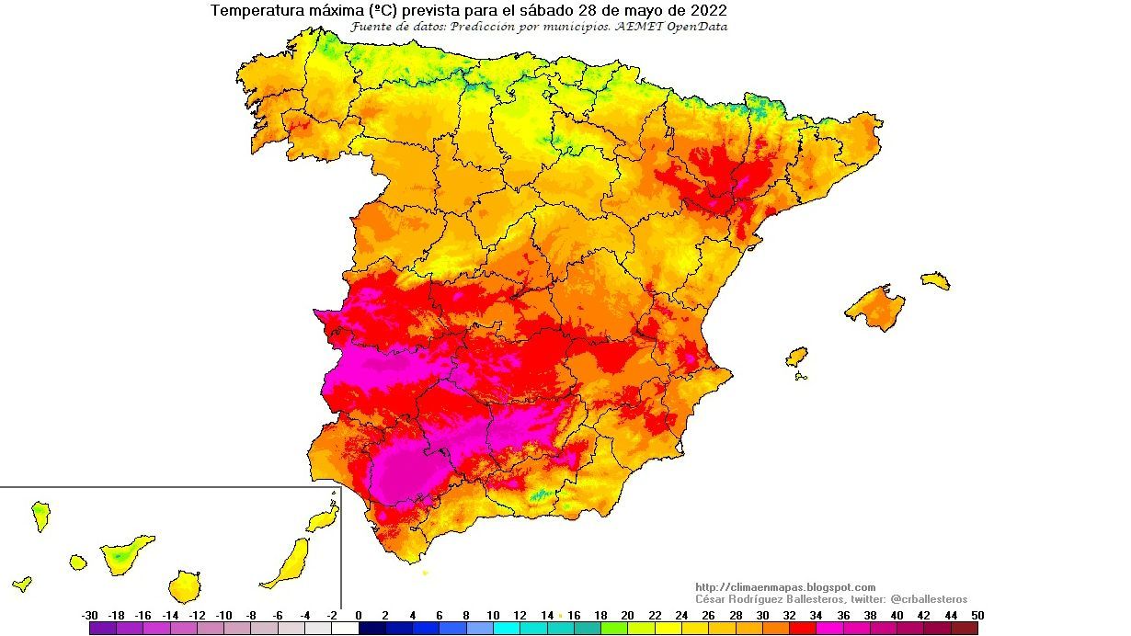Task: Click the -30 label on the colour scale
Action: click(x=90, y=616)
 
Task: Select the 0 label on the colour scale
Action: click(x=359, y=616)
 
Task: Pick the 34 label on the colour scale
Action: click(x=817, y=616)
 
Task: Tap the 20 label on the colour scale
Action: click(x=628, y=616)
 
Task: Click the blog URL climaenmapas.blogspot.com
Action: click(x=785, y=587)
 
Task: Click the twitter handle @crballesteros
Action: click(x=929, y=598)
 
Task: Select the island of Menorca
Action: click(x=935, y=279)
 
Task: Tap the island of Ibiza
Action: click(x=797, y=356)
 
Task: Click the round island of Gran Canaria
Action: click(x=185, y=585)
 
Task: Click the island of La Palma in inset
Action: click(x=40, y=514)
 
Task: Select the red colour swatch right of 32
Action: click(x=803, y=629)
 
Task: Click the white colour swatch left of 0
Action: click(x=345, y=629)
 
